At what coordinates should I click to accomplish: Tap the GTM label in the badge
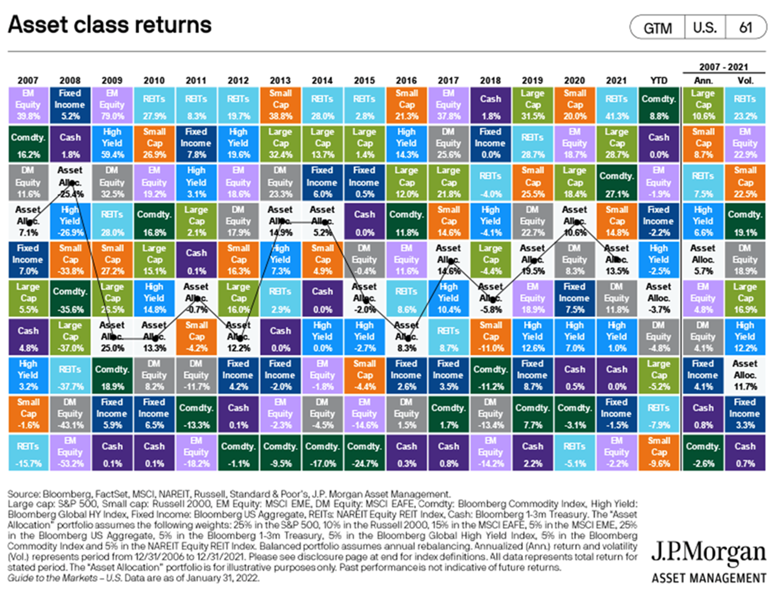click(657, 27)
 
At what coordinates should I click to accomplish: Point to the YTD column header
click(659, 81)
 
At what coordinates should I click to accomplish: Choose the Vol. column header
click(745, 81)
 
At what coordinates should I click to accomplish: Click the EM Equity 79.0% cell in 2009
click(112, 105)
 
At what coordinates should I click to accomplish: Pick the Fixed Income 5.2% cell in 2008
click(70, 105)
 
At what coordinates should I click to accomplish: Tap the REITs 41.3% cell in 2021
click(617, 105)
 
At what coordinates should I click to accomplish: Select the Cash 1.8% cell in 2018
click(490, 105)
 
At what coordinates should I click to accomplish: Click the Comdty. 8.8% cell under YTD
click(659, 105)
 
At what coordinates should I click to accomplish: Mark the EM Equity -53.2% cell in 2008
click(70, 452)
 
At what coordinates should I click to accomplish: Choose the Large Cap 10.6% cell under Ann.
click(703, 105)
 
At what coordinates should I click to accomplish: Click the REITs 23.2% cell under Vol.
click(745, 105)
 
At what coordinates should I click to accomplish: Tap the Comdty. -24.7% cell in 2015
click(364, 452)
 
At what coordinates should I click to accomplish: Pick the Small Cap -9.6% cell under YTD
click(659, 452)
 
